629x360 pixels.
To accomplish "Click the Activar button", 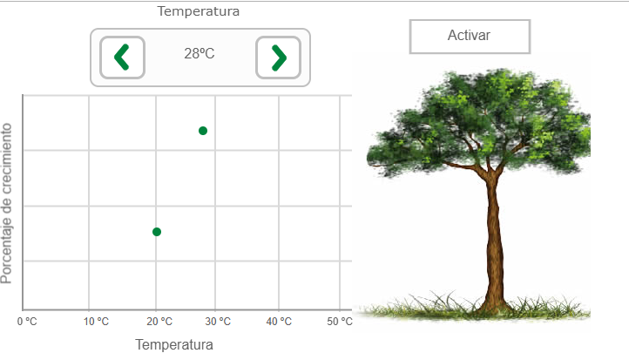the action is point(470,36).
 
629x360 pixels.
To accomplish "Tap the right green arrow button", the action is point(279,58).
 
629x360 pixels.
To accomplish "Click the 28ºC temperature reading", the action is point(200,53).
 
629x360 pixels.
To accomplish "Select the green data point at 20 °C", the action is point(157,232).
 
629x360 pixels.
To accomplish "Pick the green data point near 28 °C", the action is point(203,131).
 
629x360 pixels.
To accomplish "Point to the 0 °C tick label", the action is point(27,322).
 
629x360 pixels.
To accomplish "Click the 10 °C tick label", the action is point(97,322).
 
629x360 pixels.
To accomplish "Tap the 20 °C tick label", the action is point(159,322).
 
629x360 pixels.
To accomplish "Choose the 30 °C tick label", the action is point(218,322).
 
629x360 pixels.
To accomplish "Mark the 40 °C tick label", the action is point(279,322).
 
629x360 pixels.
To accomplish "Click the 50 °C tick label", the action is point(340,322).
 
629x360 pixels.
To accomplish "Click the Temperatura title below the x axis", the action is point(174,345).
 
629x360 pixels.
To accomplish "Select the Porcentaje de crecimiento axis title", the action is point(6,203).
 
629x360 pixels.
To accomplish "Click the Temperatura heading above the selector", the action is point(198,11).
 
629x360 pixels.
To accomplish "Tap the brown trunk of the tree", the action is point(495,241).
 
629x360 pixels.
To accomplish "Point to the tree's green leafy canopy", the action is point(477,120).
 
